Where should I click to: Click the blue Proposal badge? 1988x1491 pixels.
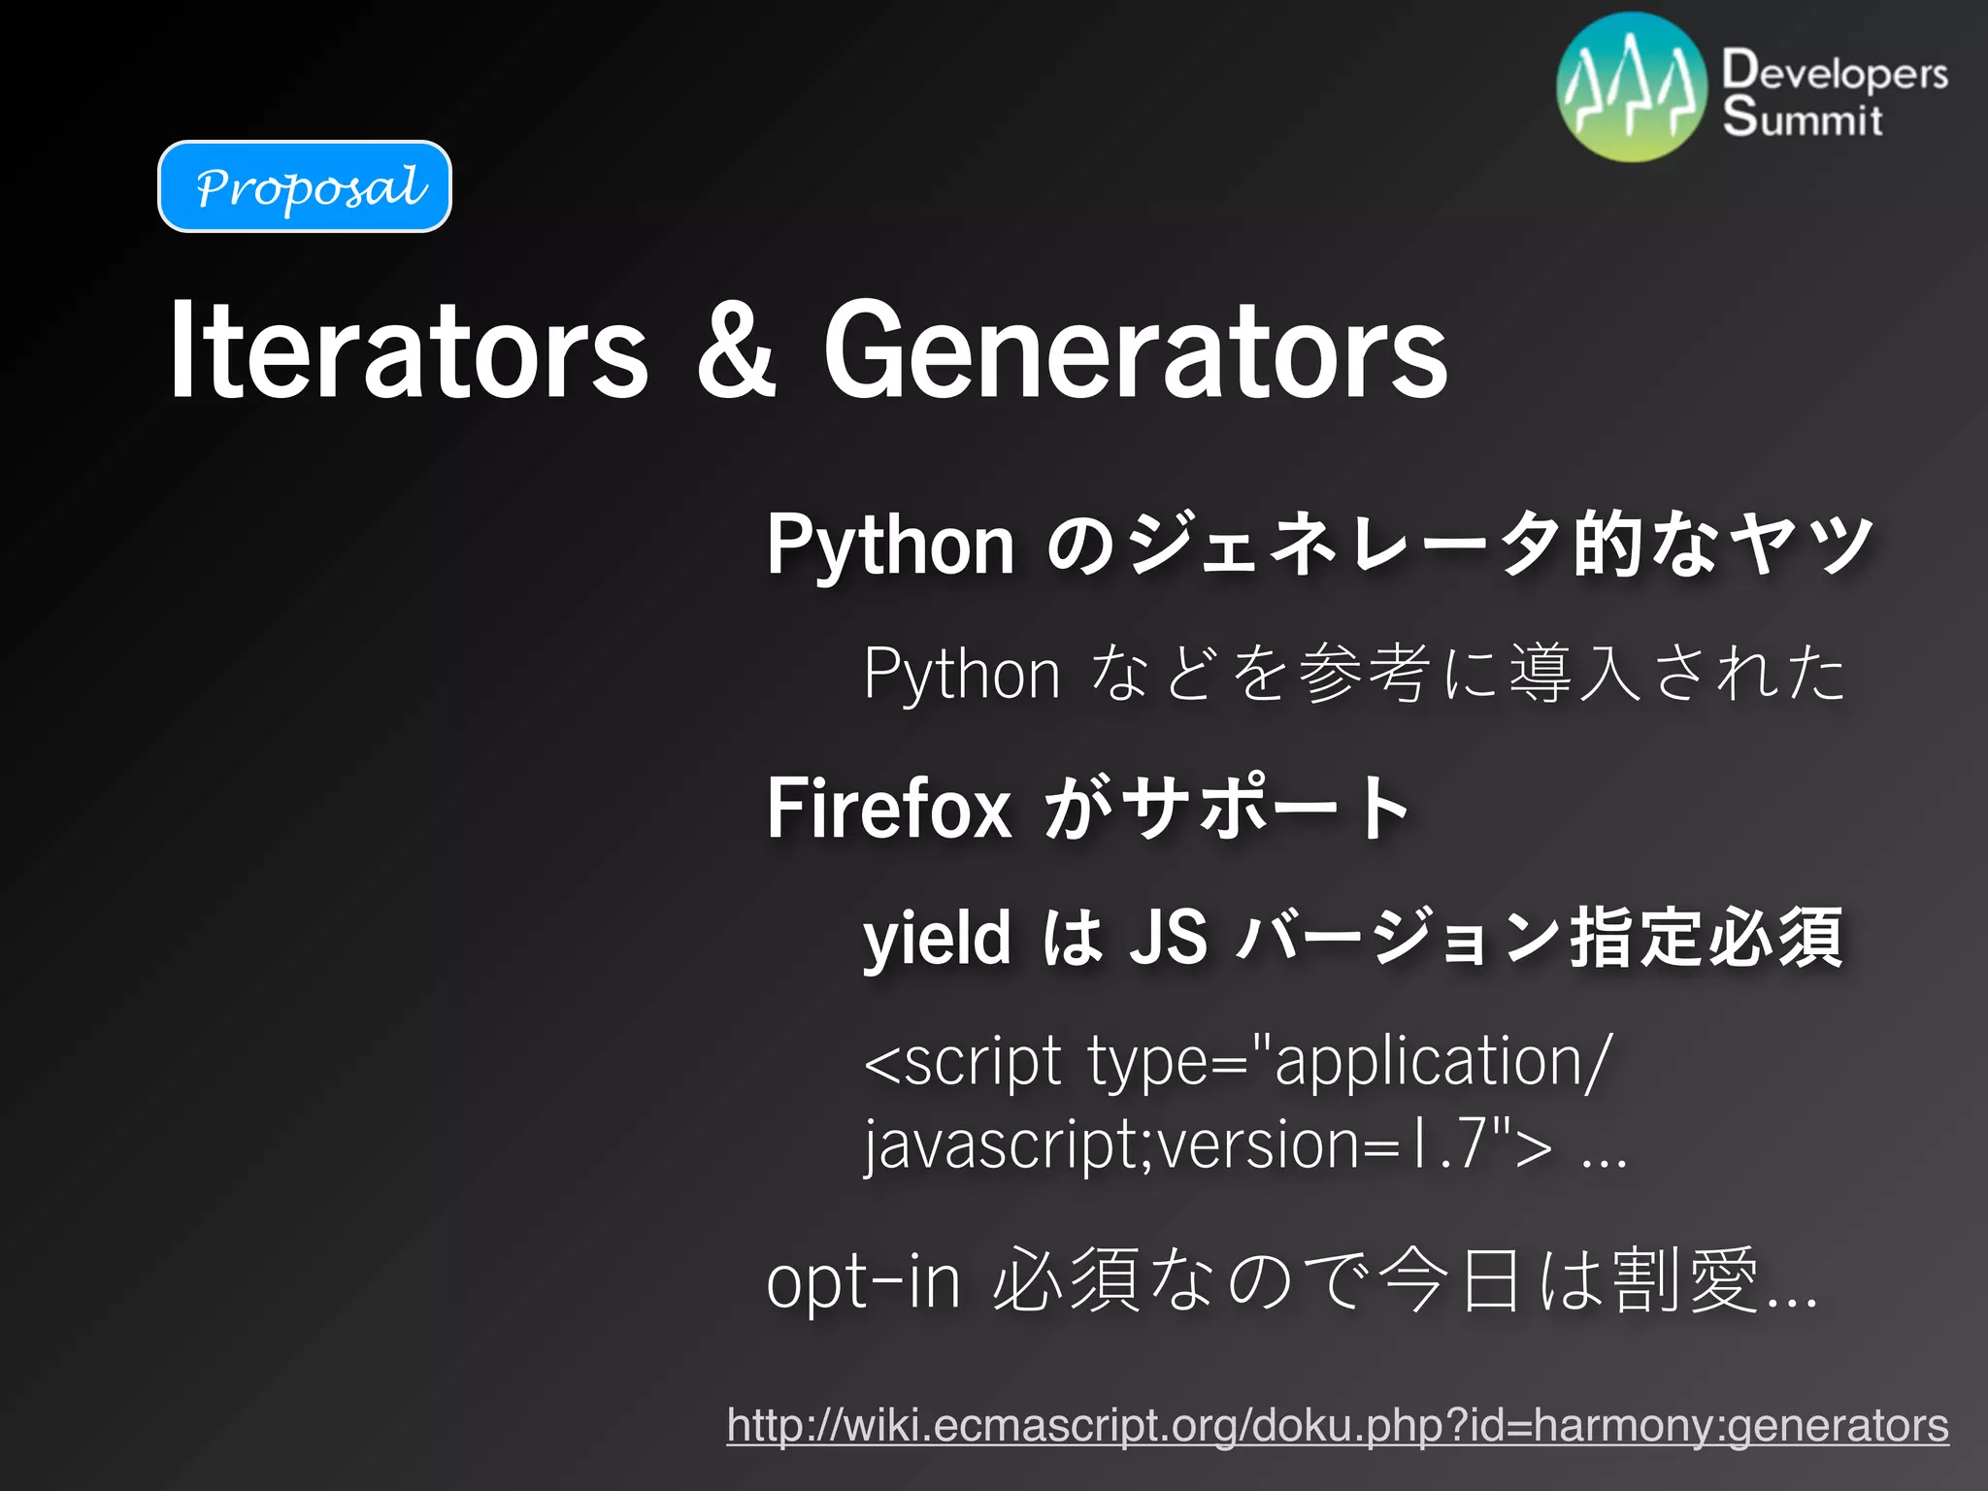pos(305,186)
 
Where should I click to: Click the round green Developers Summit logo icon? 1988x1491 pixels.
pos(1632,87)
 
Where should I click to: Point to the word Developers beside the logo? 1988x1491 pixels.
pos(1835,71)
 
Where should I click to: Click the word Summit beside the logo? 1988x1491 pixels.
pos(1803,118)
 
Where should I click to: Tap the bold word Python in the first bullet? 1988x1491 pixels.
pos(890,546)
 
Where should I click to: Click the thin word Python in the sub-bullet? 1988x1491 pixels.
pos(962,674)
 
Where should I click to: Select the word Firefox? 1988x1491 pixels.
pos(889,808)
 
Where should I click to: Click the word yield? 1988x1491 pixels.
pos(937,938)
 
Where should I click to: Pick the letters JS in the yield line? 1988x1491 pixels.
pos(1169,938)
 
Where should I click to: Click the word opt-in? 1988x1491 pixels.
pos(863,1281)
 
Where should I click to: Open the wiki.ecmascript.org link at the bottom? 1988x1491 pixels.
pos(1337,1425)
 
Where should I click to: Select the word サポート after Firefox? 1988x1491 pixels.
pos(1266,808)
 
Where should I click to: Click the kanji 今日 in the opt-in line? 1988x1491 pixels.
pos(1450,1281)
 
